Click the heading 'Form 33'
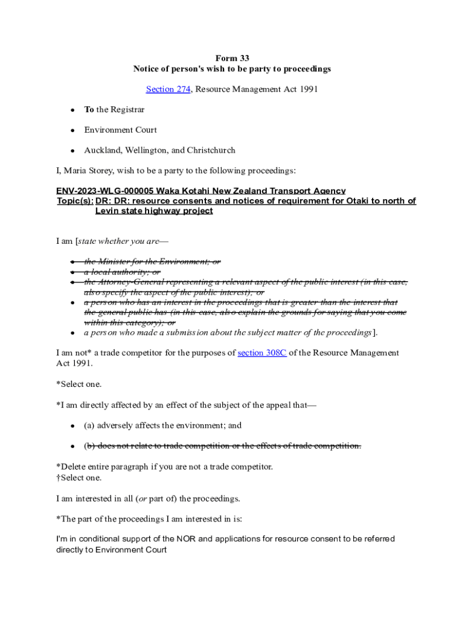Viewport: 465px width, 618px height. coord(232,59)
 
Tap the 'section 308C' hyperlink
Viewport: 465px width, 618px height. coord(262,353)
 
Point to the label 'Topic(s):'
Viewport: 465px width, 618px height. coord(75,201)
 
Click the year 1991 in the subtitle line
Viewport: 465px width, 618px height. coord(307,89)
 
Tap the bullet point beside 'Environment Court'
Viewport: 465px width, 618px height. coord(72,130)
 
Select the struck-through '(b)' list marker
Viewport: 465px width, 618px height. coord(89,446)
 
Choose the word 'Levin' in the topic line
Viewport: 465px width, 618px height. coord(107,211)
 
